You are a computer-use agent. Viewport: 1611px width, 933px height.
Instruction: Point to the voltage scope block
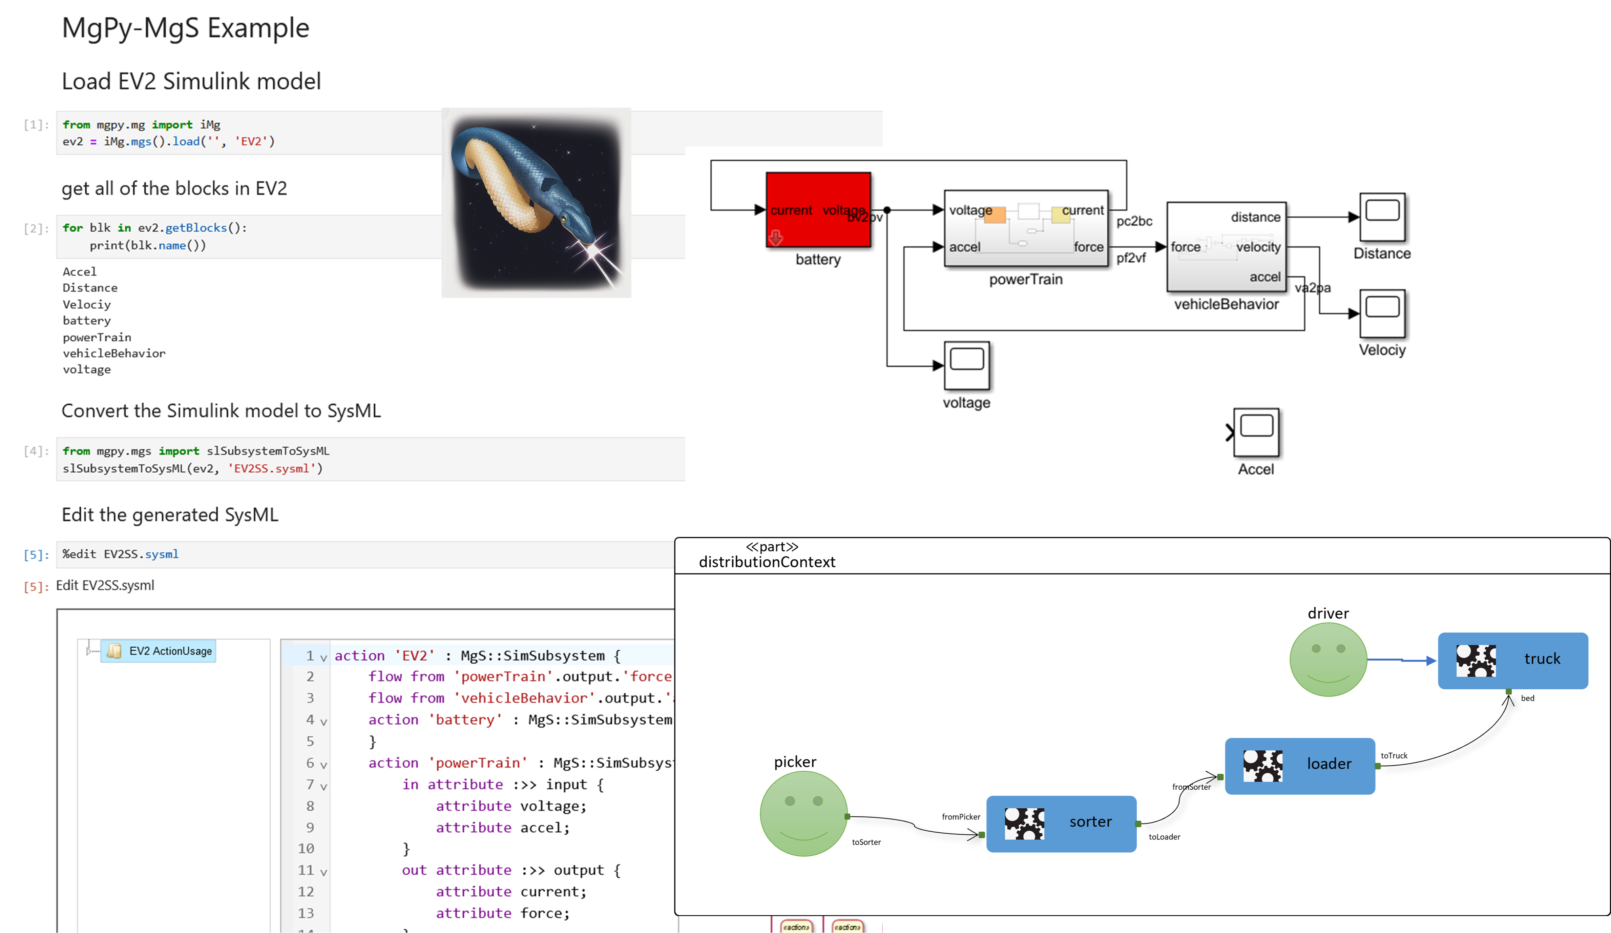tap(967, 365)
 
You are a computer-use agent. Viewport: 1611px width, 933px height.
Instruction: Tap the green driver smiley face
tap(1328, 659)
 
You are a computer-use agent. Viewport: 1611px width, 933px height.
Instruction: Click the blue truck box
tap(1512, 660)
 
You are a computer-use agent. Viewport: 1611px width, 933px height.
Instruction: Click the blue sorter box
tap(1061, 823)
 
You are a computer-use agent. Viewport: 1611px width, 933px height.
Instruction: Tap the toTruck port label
tap(1394, 755)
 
